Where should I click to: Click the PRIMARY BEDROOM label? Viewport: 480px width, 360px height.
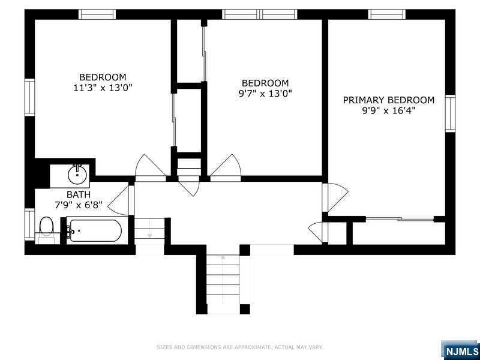388,100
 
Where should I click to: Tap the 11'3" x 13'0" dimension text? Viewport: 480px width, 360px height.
103,88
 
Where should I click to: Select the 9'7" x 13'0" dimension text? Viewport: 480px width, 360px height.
265,93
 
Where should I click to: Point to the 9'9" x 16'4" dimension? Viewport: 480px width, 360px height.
388,110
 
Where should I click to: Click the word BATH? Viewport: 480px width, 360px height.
79,194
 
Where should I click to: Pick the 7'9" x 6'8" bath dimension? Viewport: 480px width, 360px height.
79,205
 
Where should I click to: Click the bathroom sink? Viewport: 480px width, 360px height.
77,175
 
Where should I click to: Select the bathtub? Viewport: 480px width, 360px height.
95,230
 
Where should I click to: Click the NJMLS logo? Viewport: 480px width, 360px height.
461,350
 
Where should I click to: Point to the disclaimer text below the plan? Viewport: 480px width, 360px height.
240,347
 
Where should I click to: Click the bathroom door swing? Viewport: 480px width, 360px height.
122,200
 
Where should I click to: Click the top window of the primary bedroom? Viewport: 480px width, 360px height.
386,14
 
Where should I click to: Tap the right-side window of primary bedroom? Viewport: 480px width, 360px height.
450,113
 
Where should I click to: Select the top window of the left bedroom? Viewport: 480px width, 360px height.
97,14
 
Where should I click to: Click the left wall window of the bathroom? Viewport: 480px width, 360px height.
29,224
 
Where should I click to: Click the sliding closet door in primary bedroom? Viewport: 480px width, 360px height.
399,219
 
